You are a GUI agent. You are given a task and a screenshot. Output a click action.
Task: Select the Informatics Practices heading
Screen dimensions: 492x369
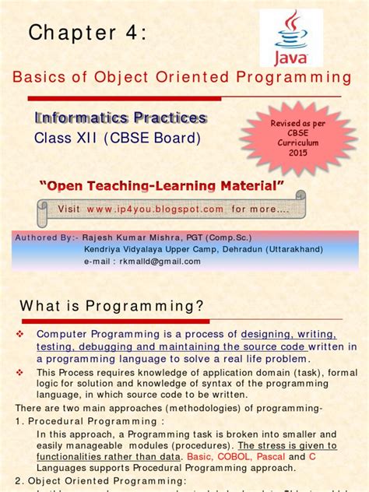(120, 118)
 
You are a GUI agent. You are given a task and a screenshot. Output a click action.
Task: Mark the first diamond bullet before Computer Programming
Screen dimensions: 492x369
(21, 333)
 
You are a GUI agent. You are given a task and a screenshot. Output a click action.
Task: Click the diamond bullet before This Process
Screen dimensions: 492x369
(21, 371)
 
